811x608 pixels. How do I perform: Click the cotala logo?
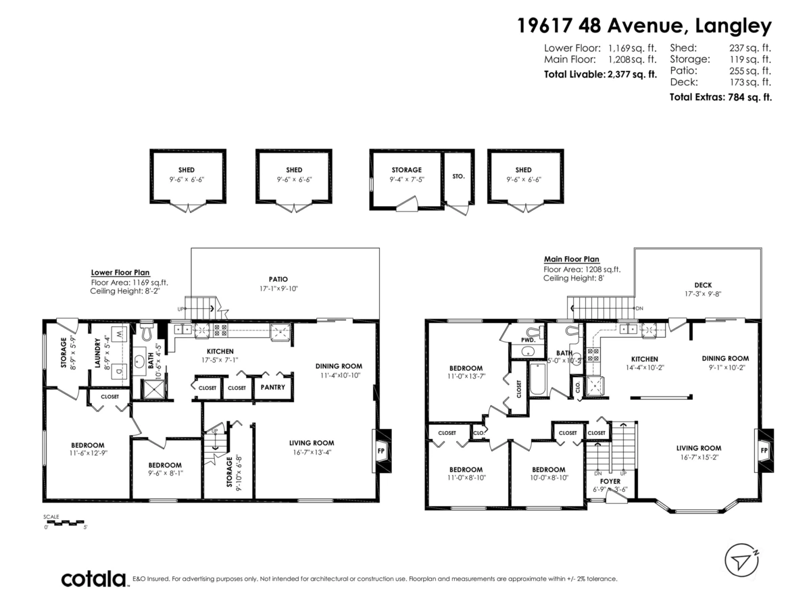[x=94, y=579]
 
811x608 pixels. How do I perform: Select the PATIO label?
[x=278, y=279]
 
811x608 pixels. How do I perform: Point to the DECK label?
[x=702, y=285]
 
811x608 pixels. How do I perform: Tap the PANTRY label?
[x=272, y=387]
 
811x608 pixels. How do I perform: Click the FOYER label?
[x=610, y=482]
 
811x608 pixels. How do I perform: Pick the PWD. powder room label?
[x=529, y=340]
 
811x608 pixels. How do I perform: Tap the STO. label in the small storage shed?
[x=458, y=176]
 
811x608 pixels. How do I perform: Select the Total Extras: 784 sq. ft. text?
[x=720, y=97]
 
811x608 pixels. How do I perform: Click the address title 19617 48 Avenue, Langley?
[x=644, y=26]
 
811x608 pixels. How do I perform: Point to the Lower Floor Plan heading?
[x=120, y=273]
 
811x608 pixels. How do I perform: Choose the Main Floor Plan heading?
[x=572, y=259]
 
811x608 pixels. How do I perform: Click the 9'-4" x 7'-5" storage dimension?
[x=406, y=180]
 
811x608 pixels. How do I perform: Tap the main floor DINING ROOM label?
[x=725, y=359]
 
